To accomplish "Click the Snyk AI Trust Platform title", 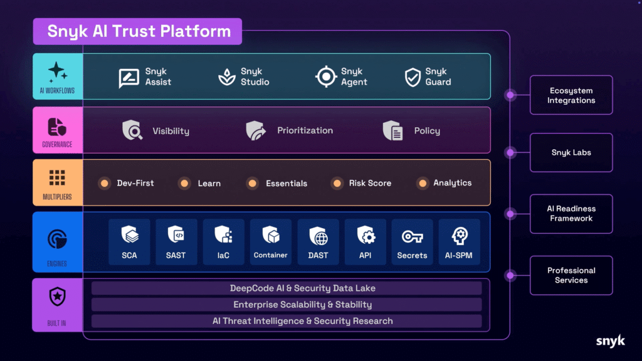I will pyautogui.click(x=137, y=31).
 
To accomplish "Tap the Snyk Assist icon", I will pyautogui.click(x=129, y=77).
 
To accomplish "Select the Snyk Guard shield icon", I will pyautogui.click(x=412, y=77).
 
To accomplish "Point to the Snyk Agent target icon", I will pyautogui.click(x=326, y=77).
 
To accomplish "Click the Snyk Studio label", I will pyautogui.click(x=255, y=77).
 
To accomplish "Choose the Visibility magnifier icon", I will pyautogui.click(x=132, y=130).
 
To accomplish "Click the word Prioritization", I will pyautogui.click(x=305, y=130).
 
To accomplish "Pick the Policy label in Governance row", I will pyautogui.click(x=427, y=131).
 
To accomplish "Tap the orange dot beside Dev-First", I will pyautogui.click(x=105, y=183).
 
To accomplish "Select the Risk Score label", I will pyautogui.click(x=370, y=183).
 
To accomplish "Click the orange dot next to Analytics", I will pyautogui.click(x=423, y=183).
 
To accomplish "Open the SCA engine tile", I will pyautogui.click(x=129, y=242).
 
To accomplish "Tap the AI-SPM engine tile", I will pyautogui.click(x=460, y=242).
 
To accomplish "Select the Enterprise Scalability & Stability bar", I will pyautogui.click(x=287, y=305).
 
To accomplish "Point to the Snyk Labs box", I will pyautogui.click(x=571, y=152).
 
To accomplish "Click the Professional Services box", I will pyautogui.click(x=571, y=275).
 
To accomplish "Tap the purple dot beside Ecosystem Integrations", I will pyautogui.click(x=510, y=95).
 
